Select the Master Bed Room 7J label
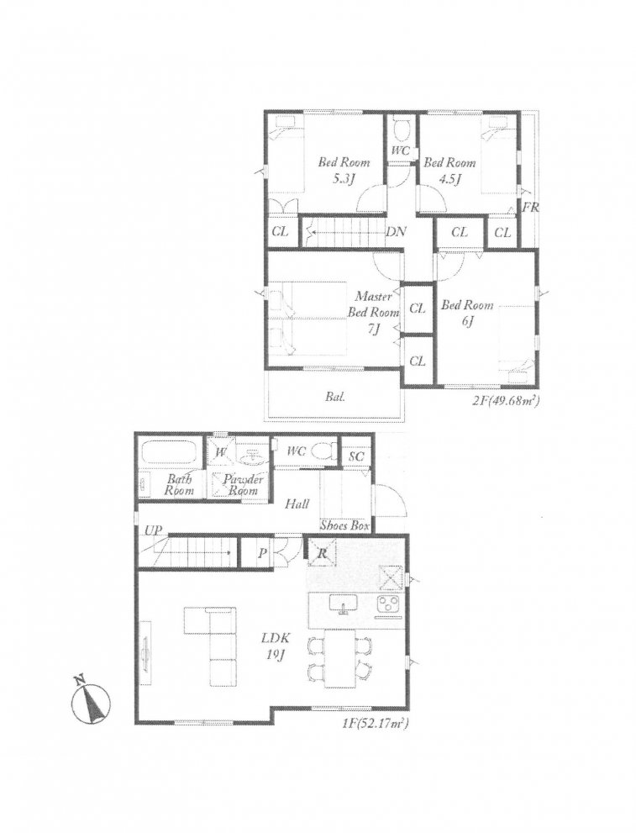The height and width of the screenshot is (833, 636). point(370,312)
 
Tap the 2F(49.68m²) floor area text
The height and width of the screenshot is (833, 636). point(505,402)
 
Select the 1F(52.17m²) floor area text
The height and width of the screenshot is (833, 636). point(374,723)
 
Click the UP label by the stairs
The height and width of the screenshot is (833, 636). point(153,530)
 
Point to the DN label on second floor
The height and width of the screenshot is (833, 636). point(397,232)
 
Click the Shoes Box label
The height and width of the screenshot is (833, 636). point(344,525)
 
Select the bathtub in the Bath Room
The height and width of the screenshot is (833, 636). point(168,453)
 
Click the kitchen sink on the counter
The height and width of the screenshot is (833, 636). point(344,604)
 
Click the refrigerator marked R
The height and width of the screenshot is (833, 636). point(322,553)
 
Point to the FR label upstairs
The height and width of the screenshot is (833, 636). point(530,207)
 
